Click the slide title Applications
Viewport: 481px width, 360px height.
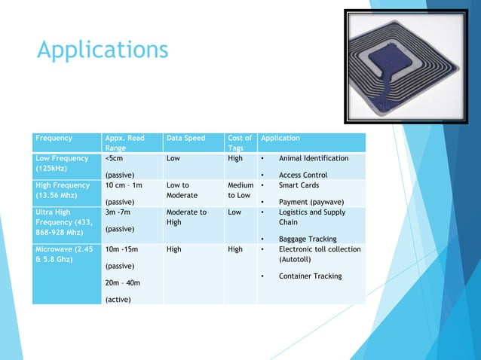103,50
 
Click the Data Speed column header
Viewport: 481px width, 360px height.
185,139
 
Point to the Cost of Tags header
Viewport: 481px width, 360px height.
240,143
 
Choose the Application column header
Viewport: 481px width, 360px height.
280,139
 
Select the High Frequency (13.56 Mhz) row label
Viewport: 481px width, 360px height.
63,191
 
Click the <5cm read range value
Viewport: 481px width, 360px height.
115,159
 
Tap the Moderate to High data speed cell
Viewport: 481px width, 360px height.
186,217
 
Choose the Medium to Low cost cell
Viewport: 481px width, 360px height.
240,191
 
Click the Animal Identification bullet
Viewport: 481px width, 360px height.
313,159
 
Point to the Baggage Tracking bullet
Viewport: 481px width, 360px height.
308,239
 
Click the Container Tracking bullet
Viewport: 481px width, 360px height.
310,276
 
